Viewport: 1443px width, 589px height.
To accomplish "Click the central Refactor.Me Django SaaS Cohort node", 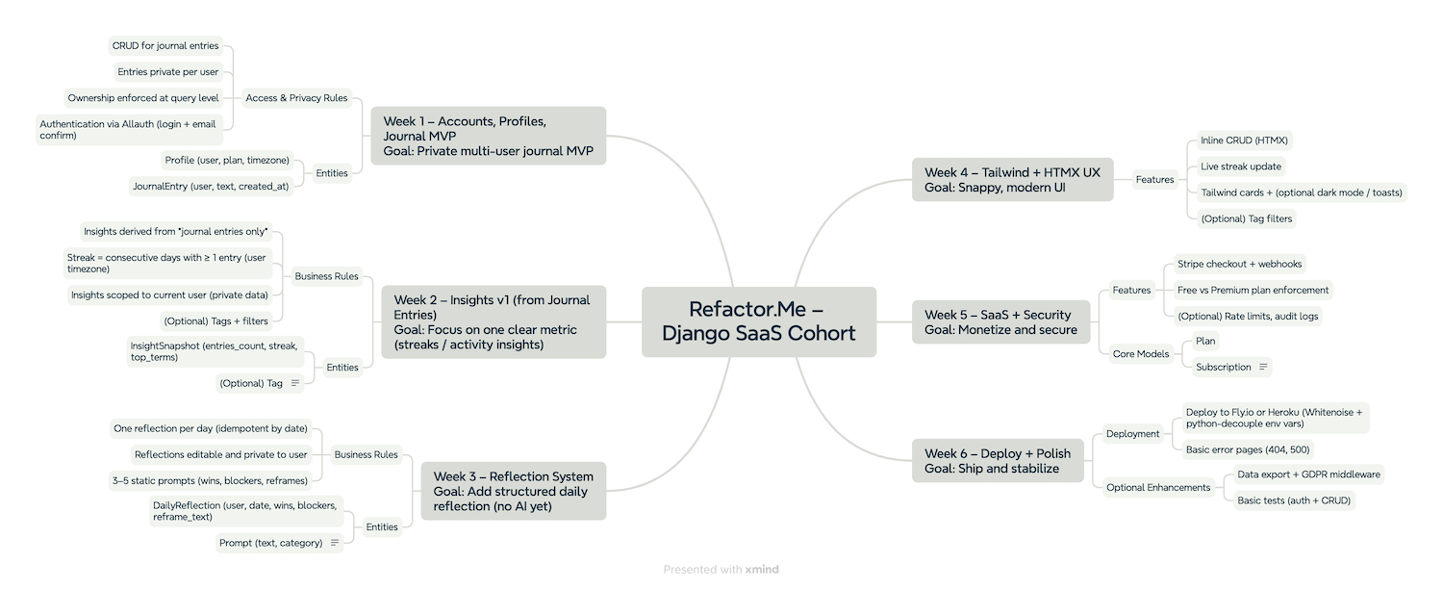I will [759, 321].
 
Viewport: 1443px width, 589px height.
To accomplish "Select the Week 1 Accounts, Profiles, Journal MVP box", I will [489, 136].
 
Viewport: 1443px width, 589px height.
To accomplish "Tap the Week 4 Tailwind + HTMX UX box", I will [1012, 180].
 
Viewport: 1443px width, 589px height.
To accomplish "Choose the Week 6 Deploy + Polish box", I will [998, 461].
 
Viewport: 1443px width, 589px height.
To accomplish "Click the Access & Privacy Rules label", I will [296, 98].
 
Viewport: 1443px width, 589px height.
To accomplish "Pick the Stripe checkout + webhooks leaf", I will [1240, 264].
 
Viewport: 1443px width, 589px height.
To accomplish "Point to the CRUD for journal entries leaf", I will [165, 46].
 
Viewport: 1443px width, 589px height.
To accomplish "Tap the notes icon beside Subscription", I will [1263, 367].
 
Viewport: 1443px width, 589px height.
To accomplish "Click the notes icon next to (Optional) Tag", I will [295, 383].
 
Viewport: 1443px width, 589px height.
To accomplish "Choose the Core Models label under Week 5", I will [1140, 354].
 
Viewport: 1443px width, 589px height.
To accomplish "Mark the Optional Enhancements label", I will [1158, 487].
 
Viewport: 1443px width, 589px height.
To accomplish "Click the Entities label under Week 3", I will [382, 526].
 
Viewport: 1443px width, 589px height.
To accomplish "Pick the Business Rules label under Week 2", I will [326, 276].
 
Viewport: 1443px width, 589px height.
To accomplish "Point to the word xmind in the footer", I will [761, 570].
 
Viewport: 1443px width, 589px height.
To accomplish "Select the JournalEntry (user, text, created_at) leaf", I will [211, 187].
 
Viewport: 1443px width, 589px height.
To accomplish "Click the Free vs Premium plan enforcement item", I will [1253, 290].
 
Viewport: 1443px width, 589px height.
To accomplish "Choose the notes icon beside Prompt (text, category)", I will [335, 543].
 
